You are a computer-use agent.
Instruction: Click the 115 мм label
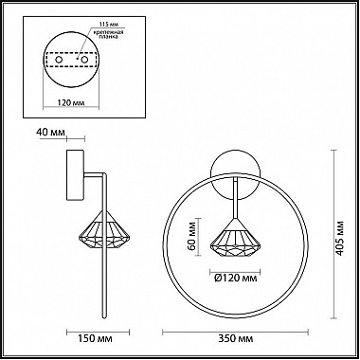point(106,25)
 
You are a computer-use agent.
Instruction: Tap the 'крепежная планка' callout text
point(108,34)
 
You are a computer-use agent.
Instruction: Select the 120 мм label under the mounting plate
point(71,102)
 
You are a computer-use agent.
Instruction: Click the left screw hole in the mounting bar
point(59,60)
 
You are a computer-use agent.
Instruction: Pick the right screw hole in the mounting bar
point(84,60)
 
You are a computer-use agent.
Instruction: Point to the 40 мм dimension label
point(50,132)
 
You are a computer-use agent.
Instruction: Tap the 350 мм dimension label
point(236,338)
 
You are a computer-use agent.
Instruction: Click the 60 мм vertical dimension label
point(191,238)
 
